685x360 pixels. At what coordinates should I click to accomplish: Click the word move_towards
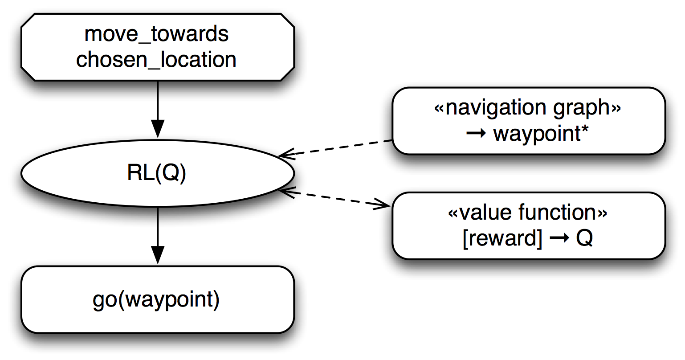coord(156,34)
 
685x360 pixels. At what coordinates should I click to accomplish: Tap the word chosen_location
coord(156,60)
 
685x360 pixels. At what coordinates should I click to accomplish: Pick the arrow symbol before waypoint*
coord(475,134)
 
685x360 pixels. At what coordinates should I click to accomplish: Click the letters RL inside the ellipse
coord(140,174)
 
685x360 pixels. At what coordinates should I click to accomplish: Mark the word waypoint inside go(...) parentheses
coord(166,301)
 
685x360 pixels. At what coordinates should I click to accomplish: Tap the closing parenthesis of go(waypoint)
coord(217,301)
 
